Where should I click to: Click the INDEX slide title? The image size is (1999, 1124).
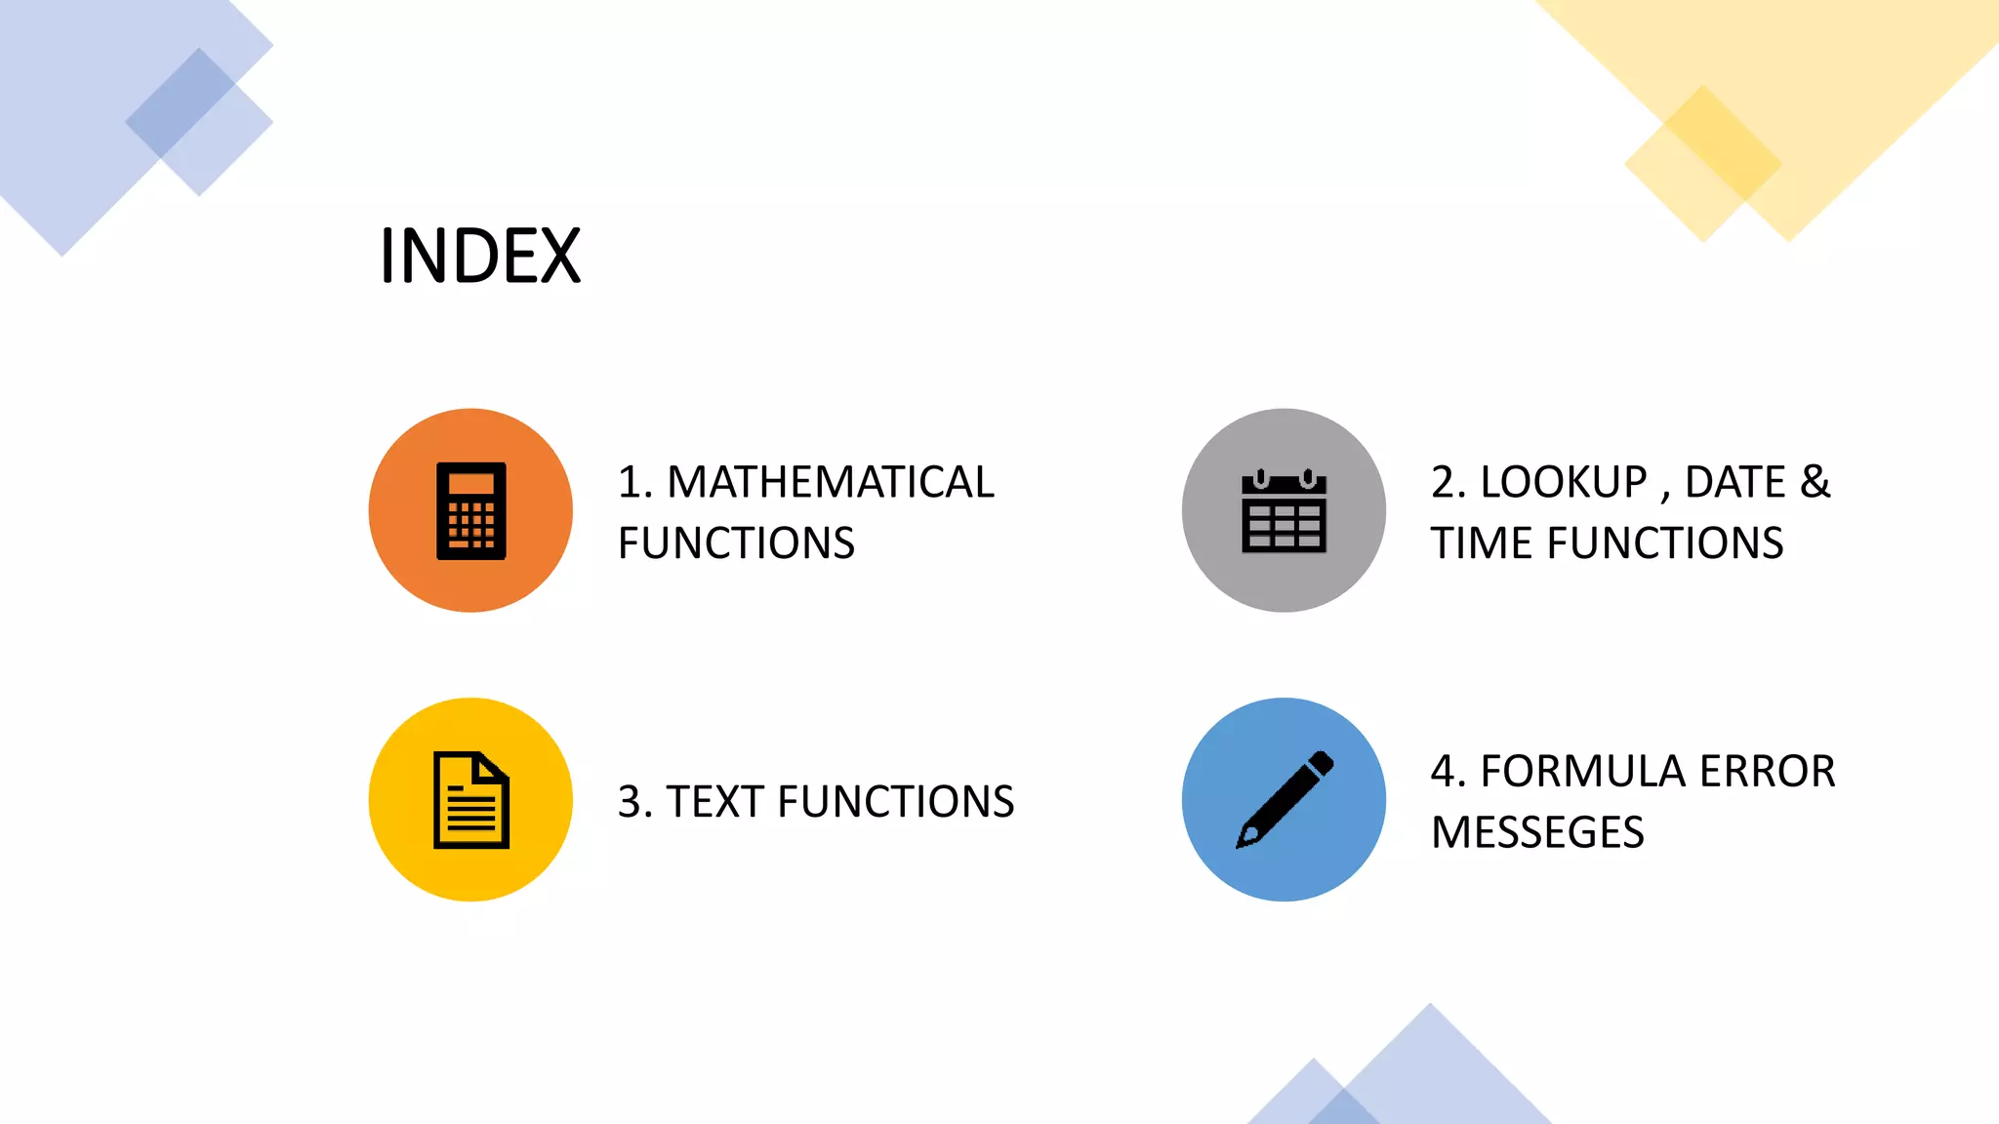[480, 256]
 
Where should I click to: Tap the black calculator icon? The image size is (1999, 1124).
[470, 511]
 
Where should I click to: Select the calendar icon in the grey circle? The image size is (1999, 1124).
[1284, 512]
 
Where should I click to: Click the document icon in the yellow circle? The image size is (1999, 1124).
[470, 800]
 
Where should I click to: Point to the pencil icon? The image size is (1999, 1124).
[1284, 800]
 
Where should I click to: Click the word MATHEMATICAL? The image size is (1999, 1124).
[830, 482]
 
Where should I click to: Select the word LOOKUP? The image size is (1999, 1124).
[1564, 482]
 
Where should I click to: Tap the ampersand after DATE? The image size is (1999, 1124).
[1815, 482]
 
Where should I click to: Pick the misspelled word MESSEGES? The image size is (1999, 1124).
[1537, 832]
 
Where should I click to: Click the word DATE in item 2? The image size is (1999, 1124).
[1734, 482]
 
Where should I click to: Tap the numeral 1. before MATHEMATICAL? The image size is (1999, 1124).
[634, 482]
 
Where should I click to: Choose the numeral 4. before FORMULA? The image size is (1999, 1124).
[1448, 771]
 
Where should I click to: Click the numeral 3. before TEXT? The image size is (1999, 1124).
[634, 802]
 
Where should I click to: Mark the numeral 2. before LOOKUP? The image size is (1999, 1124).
[1448, 482]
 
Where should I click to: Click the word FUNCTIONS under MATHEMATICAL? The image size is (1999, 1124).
[736, 542]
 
